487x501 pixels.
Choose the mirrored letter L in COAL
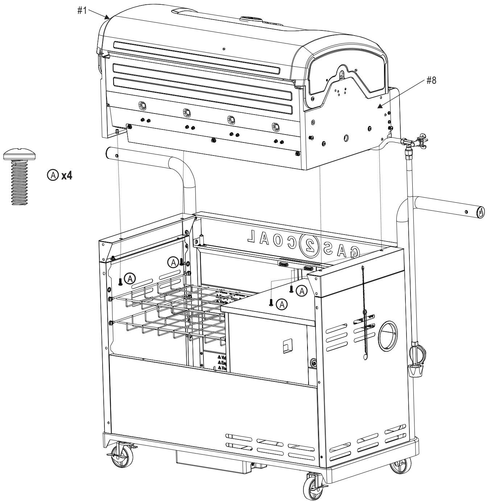click(251, 236)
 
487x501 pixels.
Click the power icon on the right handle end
click(480, 212)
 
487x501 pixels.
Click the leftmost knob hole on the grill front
click(143, 105)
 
